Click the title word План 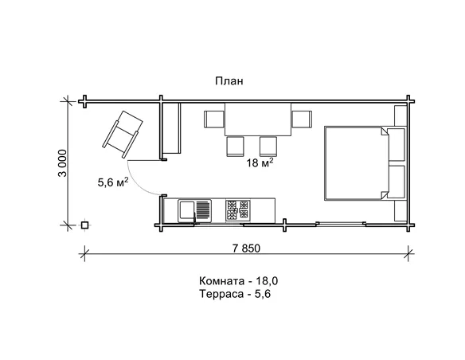click(x=229, y=81)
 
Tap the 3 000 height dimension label click(x=63, y=163)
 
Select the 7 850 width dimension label click(x=246, y=248)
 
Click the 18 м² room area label click(x=260, y=162)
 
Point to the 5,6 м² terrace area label click(x=113, y=182)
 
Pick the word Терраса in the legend click(x=219, y=294)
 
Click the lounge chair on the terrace click(x=123, y=134)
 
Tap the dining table click(x=258, y=119)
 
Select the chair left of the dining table click(x=214, y=119)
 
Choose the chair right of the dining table click(x=302, y=119)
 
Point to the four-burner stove click(x=237, y=210)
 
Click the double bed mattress click(x=356, y=163)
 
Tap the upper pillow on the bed click(x=397, y=145)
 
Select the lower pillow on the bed click(x=397, y=182)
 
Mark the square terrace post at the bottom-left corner click(x=85, y=225)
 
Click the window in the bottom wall click(x=341, y=224)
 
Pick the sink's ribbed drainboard click(x=203, y=209)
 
